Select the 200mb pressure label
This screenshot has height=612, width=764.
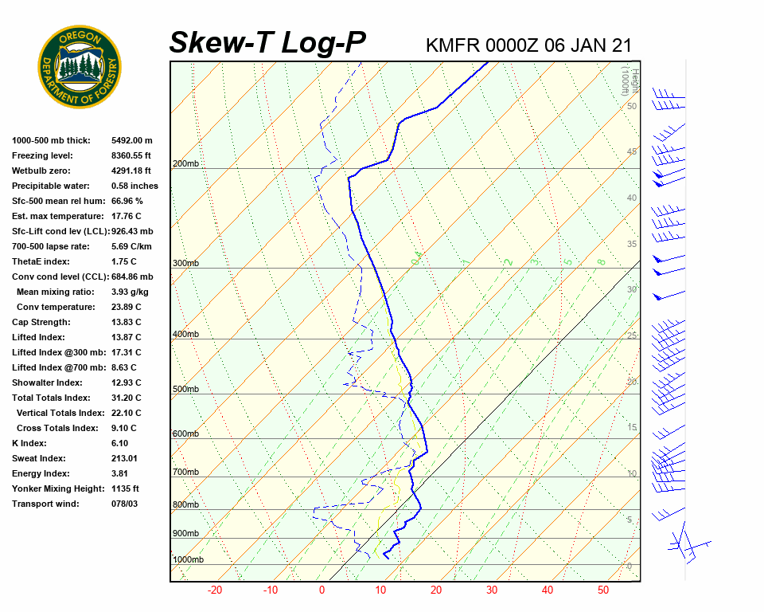185,164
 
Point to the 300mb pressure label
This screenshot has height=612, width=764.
185,263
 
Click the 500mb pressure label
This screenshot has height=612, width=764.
185,389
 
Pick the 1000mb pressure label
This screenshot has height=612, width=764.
188,559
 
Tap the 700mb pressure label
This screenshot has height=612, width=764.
185,473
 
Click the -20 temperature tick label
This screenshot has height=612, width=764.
215,590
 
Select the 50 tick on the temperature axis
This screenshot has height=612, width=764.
603,590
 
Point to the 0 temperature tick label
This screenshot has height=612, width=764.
322,590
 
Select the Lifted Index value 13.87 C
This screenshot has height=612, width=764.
126,337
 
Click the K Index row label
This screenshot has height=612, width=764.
29,443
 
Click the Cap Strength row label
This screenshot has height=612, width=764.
41,322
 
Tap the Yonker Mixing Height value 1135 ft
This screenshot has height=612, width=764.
125,488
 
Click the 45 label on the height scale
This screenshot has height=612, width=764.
632,151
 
